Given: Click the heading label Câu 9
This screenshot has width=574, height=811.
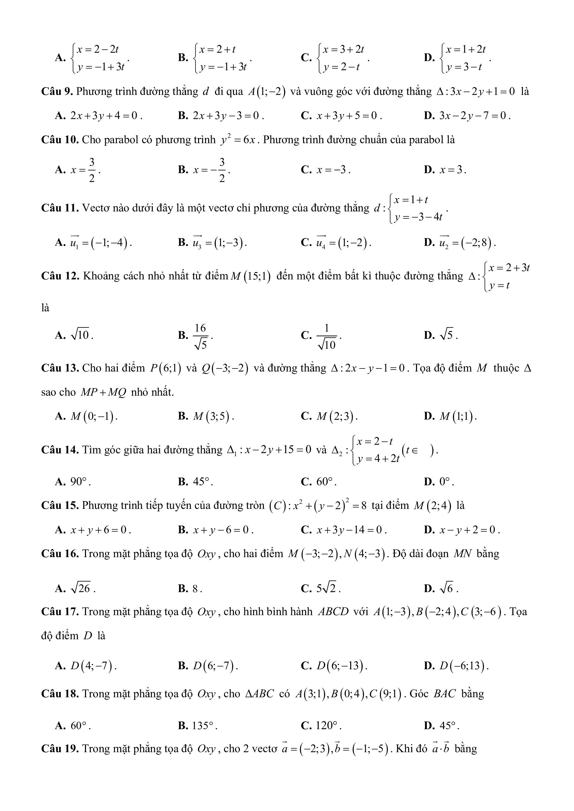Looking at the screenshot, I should [57, 92].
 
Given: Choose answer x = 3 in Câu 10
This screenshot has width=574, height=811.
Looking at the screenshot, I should [452, 170].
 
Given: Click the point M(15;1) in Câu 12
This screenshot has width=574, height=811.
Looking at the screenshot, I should [250, 276].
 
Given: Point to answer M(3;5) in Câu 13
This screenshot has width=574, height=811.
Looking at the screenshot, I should [213, 416].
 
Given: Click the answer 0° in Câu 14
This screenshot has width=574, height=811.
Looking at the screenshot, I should [446, 482].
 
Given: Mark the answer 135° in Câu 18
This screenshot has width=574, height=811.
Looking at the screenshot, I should [204, 726].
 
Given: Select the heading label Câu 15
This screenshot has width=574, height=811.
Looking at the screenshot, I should [60, 506].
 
